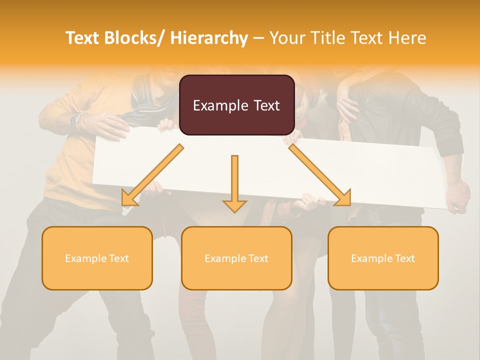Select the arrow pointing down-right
pyautogui.click(x=320, y=175)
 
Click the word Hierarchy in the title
pyautogui.click(x=209, y=38)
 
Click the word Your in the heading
pyautogui.click(x=287, y=38)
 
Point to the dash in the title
pyautogui.click(x=258, y=38)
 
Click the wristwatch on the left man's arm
pyautogui.click(x=76, y=121)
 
